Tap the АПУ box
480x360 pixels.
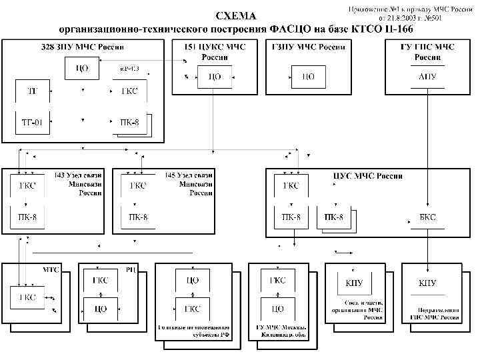[427, 77]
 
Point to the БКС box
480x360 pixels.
[427, 217]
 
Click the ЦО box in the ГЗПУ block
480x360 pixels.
[309, 77]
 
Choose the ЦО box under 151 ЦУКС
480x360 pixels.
[215, 77]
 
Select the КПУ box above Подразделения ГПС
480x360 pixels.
[427, 283]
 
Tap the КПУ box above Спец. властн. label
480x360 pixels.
[354, 283]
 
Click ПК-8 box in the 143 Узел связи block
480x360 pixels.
[27, 217]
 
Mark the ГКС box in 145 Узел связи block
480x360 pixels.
[138, 186]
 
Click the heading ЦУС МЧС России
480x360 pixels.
[367, 177]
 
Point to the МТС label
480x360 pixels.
[51, 271]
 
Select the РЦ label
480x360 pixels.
[131, 270]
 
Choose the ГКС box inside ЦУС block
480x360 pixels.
[291, 186]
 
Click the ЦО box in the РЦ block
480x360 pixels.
[101, 309]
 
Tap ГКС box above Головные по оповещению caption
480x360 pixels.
[192, 309]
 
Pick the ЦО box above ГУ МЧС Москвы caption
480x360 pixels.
[277, 309]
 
